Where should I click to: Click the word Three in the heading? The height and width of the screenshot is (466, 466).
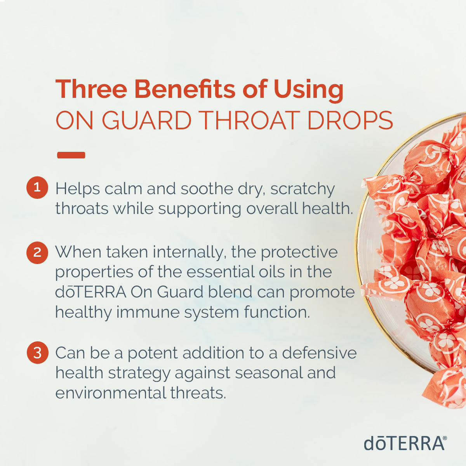(91, 89)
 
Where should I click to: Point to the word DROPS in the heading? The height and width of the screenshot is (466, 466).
(350, 120)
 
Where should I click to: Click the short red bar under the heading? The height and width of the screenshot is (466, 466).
(71, 155)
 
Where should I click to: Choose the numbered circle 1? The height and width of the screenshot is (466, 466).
(37, 188)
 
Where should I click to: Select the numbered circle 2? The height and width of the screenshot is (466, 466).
(37, 253)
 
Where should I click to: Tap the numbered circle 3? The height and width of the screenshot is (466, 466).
(37, 353)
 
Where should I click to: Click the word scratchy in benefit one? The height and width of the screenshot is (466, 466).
(303, 190)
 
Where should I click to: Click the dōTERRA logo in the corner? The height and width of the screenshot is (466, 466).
(404, 443)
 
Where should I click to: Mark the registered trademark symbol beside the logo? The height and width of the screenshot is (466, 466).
(445, 438)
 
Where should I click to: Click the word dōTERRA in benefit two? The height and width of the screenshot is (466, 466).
(90, 292)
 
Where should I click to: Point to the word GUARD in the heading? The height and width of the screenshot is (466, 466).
(147, 120)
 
